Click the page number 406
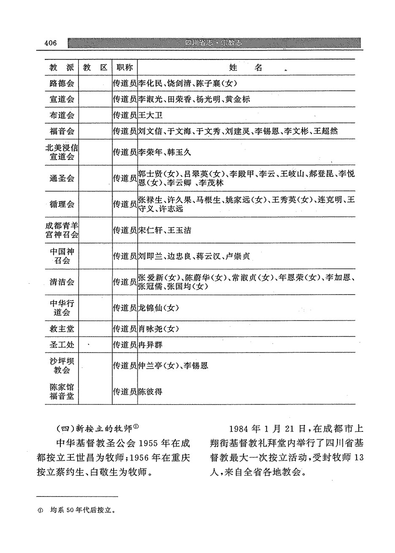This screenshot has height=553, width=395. [50, 43]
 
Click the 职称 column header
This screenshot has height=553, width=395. [124, 68]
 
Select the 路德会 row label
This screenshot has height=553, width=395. [62, 83]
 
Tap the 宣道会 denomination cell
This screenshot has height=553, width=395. [62, 99]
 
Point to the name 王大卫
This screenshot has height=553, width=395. [151, 115]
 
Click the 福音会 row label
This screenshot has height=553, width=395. [62, 131]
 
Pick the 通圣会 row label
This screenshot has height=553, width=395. [62, 178]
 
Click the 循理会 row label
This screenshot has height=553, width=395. [62, 204]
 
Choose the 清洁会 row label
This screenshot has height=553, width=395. [62, 282]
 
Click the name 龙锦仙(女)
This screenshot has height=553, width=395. [159, 308]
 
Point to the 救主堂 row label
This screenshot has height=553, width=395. [62, 328]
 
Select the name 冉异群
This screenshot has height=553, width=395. [151, 345]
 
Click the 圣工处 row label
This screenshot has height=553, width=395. [62, 345]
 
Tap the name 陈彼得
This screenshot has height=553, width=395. [151, 391]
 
